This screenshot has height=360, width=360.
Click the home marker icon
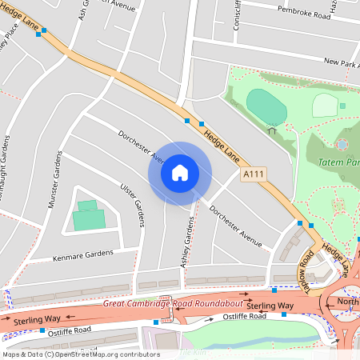(180, 173)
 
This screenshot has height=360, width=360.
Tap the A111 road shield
(252, 173)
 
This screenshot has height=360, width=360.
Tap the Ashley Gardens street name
(186, 242)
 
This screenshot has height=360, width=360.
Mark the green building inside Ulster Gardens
(87, 216)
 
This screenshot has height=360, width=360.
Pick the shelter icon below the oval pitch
(272, 130)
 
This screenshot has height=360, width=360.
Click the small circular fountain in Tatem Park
(342, 144)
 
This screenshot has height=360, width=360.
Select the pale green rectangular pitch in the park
(324, 105)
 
